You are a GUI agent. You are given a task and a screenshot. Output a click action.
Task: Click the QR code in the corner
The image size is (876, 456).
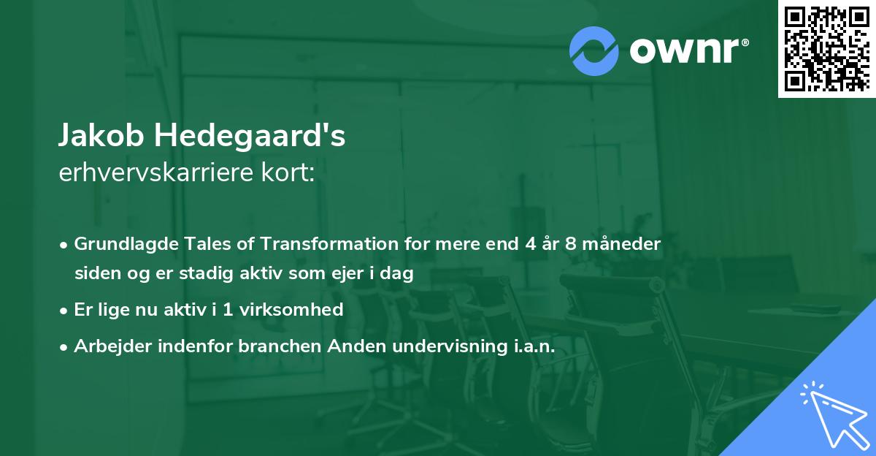click(x=827, y=48)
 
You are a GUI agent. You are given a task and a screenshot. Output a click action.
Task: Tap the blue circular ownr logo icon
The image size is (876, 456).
click(x=594, y=50)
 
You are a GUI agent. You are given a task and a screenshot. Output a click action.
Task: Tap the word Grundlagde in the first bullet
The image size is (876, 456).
click(x=120, y=243)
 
